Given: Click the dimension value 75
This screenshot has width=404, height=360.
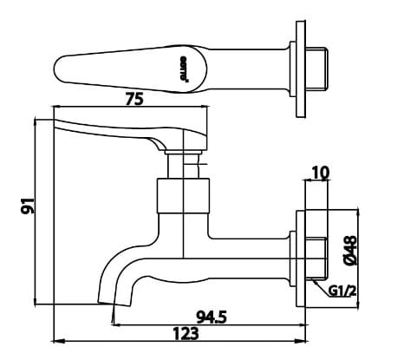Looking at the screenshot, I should tap(133, 100).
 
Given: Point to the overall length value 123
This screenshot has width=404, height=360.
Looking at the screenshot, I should tap(183, 333).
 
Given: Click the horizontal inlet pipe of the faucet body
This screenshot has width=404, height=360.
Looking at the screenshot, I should tap(256, 249).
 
